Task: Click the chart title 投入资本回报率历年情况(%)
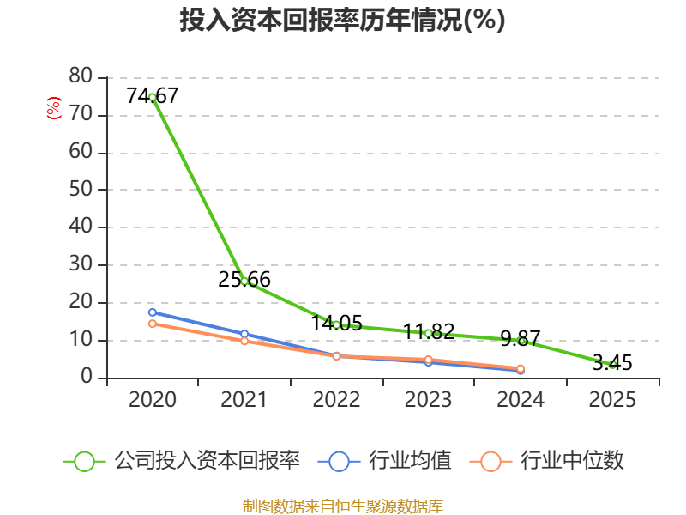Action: (x=342, y=20)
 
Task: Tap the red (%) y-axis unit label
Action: (x=54, y=108)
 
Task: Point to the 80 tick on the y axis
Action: (x=81, y=76)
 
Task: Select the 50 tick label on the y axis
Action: (x=81, y=189)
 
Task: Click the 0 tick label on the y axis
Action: (x=87, y=376)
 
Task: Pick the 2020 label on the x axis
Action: (x=153, y=399)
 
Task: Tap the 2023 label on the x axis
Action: (x=428, y=399)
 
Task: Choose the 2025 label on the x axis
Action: (x=612, y=399)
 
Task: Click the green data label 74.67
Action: (x=153, y=95)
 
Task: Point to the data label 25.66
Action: (x=244, y=280)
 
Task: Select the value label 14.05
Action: (x=336, y=324)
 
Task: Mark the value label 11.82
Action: (x=429, y=331)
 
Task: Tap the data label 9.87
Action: (x=521, y=338)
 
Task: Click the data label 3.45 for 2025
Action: (x=612, y=362)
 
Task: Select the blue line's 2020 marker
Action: (x=153, y=312)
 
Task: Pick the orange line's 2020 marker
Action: (x=153, y=324)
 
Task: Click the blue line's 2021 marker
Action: (x=244, y=334)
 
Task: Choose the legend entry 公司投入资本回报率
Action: (x=182, y=461)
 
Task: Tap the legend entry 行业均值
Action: (x=384, y=461)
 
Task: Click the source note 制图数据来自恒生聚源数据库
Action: (x=342, y=506)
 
